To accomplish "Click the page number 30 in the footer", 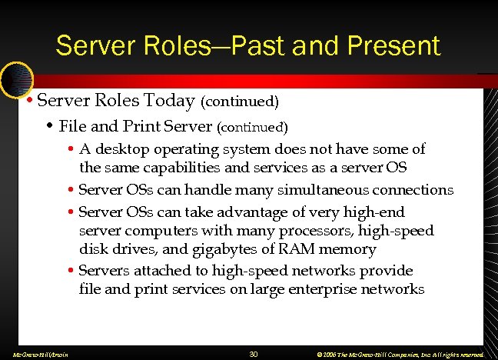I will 254,354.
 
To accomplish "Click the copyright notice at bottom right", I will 397,354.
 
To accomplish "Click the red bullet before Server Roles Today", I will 28,101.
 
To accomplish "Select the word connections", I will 415,189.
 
